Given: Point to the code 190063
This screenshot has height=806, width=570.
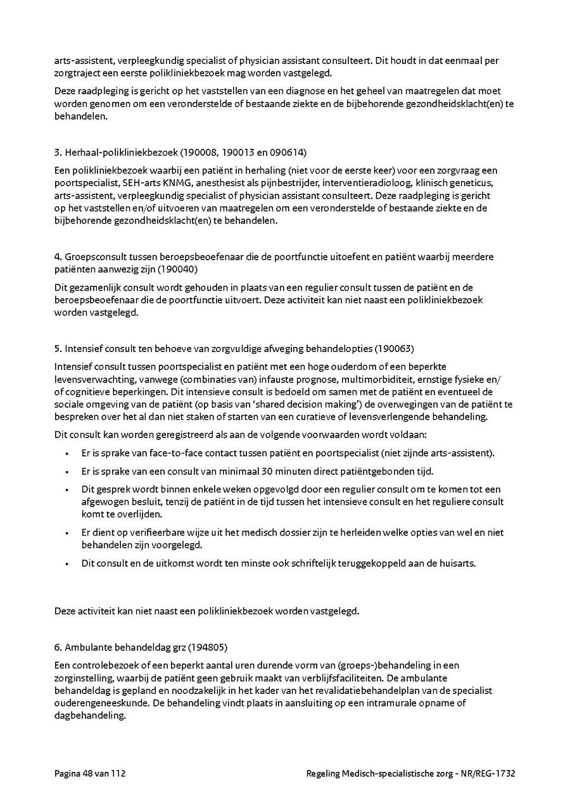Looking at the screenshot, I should coord(396,348).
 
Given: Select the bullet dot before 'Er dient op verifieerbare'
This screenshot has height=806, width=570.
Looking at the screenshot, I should coord(67,532).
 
